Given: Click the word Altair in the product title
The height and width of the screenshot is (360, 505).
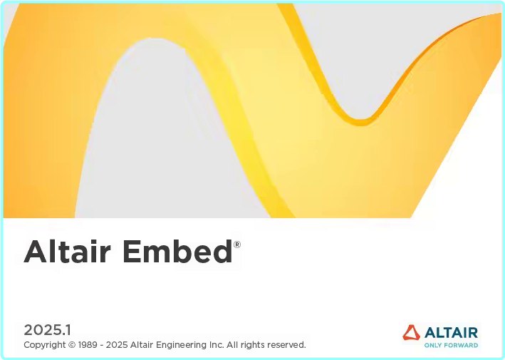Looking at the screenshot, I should (67, 252).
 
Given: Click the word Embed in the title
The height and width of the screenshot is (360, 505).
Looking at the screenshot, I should (177, 252).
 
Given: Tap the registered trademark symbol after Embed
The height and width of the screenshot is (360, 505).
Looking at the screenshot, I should (237, 245).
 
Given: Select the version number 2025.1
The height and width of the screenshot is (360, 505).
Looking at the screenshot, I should (48, 329).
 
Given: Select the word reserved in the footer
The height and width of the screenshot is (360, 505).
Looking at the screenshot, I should (286, 345).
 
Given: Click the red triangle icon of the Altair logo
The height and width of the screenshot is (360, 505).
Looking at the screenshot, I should (411, 332).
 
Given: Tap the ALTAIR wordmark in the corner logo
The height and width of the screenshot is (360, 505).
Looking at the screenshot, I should (451, 332).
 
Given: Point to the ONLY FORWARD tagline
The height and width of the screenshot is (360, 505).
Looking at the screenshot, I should (451, 345).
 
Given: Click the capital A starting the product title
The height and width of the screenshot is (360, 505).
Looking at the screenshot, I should (35, 252).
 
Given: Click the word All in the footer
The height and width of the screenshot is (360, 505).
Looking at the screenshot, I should (234, 345).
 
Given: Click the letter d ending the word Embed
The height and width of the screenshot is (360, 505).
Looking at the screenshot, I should (222, 252).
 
